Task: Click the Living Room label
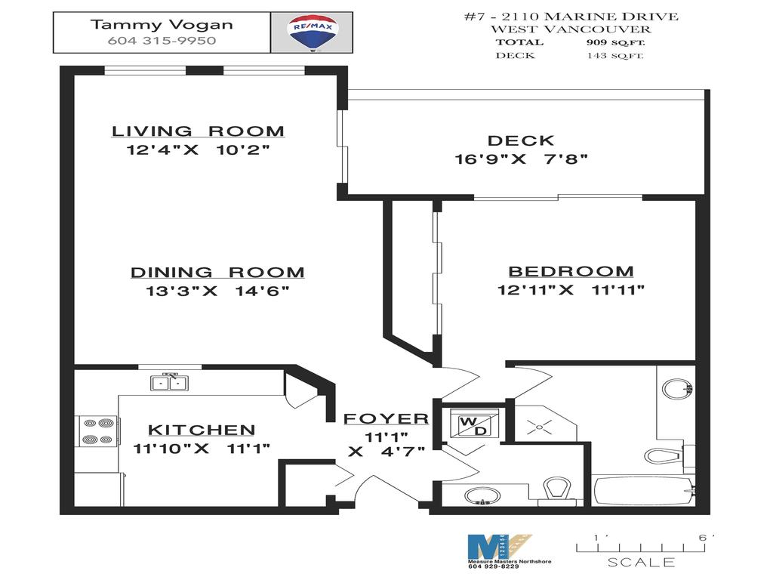point(199,131)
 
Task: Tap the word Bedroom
point(571,272)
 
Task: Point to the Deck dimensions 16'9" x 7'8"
point(521,159)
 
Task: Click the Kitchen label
point(202,430)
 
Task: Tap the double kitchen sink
point(169,383)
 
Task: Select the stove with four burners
point(97,431)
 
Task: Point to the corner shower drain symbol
point(540,427)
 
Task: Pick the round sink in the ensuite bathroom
point(676,390)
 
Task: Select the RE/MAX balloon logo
point(312,32)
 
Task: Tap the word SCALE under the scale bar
point(641,563)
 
